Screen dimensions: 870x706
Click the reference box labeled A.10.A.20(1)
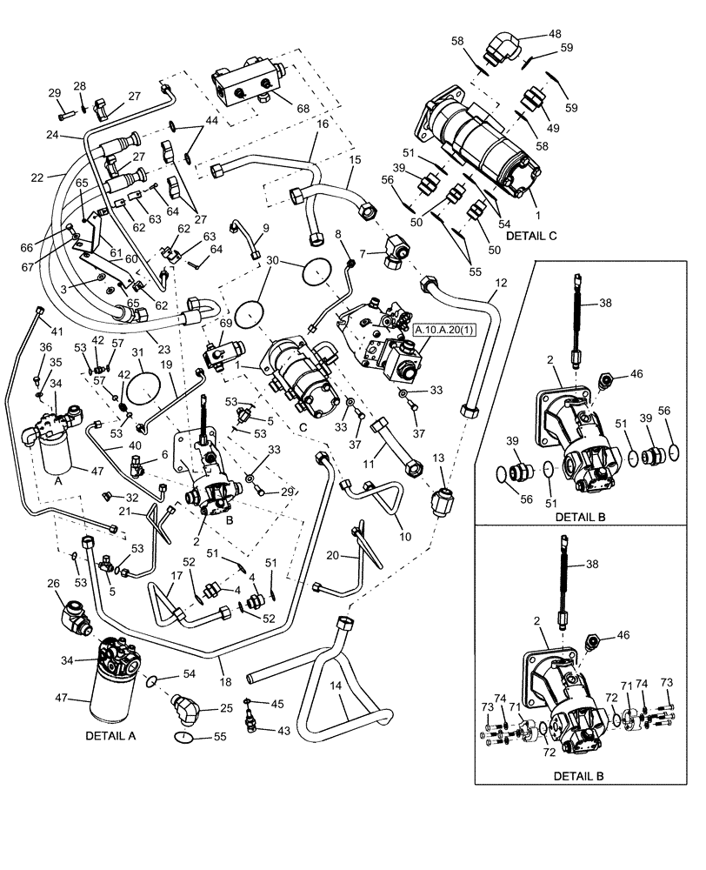[450, 331]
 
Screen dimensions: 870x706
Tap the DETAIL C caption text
[529, 236]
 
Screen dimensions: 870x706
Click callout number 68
[303, 109]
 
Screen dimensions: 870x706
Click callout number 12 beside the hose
[500, 284]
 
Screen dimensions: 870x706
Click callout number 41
[57, 331]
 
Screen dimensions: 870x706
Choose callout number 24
[52, 135]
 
